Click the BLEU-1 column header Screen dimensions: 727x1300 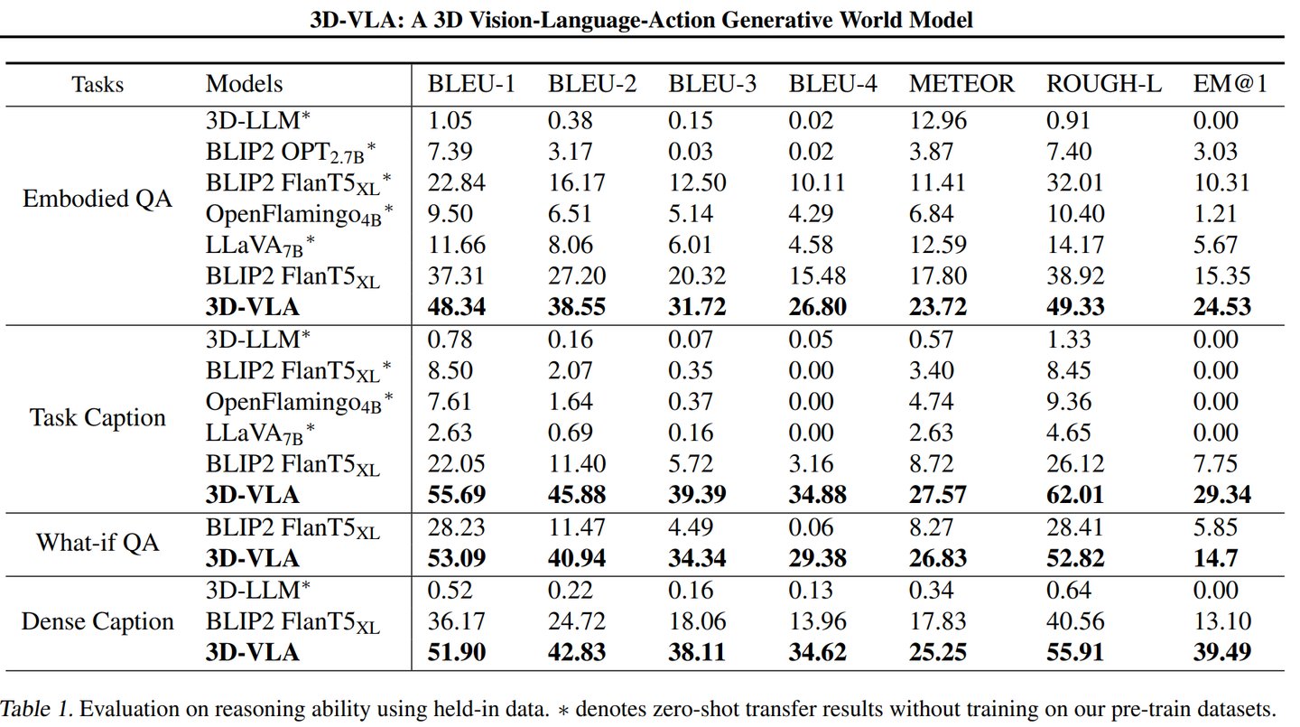coord(470,84)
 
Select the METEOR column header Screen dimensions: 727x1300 coord(961,84)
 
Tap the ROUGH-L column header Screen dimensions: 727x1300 coord(1104,84)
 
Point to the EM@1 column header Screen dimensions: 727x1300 coord(1230,84)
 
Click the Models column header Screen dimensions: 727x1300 coord(244,84)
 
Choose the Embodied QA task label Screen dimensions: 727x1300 coord(97,199)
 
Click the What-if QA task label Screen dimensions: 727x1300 coord(97,542)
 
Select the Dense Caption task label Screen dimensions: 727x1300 coord(97,621)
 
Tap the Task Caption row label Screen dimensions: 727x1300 coord(97,417)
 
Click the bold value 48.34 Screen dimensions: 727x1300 coord(457,307)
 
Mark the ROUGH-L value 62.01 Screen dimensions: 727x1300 coord(1075,495)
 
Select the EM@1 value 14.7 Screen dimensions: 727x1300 coord(1215,558)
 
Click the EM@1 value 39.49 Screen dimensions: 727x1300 coord(1222,652)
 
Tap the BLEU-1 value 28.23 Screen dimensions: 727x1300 coord(457,527)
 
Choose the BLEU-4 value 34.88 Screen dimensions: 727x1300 coord(818,495)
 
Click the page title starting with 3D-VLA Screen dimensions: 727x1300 coord(641,19)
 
